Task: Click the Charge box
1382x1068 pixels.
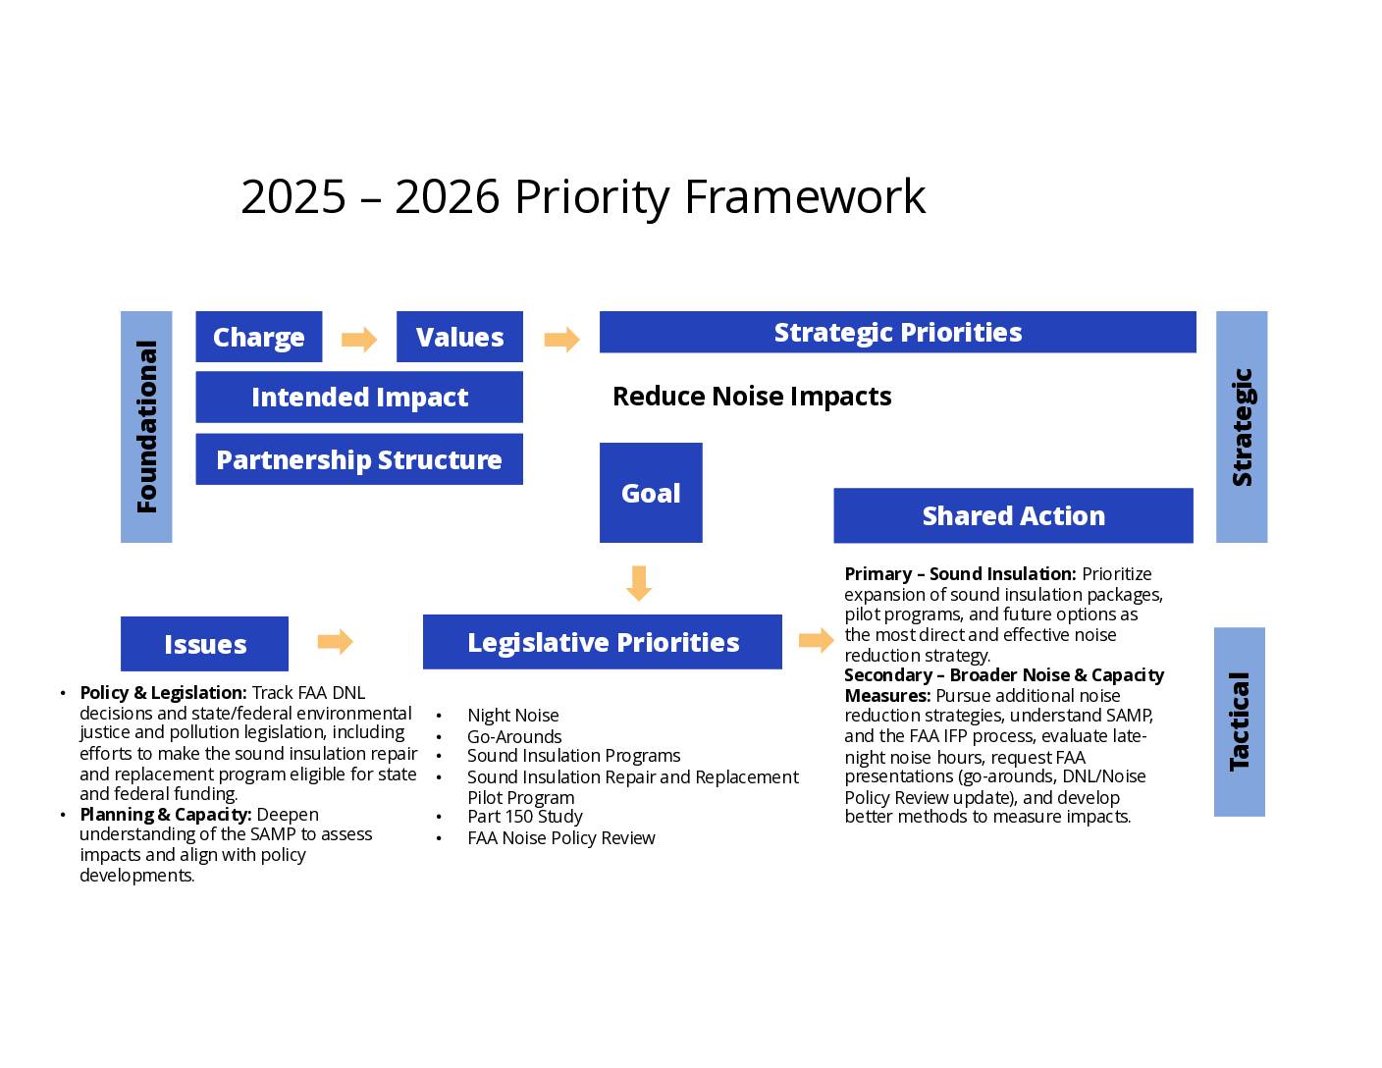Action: point(258,337)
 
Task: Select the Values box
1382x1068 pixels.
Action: point(459,337)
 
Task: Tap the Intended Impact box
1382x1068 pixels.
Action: point(359,397)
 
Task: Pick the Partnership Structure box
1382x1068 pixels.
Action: point(359,459)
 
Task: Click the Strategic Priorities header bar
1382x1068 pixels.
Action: point(897,332)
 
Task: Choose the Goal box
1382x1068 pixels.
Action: point(651,493)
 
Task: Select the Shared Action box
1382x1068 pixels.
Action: point(1013,515)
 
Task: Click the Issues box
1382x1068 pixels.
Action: point(204,644)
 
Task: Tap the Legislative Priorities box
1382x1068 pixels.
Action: point(603,642)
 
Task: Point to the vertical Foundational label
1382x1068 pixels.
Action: point(146,427)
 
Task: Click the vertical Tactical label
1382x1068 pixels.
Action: point(1239,721)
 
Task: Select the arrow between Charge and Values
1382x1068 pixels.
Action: point(359,339)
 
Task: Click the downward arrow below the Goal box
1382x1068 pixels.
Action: point(639,583)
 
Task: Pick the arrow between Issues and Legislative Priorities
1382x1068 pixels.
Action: point(335,641)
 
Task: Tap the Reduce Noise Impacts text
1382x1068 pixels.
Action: point(752,397)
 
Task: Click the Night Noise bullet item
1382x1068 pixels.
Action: point(512,716)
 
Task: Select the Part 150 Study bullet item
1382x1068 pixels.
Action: point(525,817)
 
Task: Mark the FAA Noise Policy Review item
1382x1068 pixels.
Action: point(560,838)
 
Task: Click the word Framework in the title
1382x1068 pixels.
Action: point(805,196)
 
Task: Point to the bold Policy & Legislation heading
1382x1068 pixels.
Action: point(164,693)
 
